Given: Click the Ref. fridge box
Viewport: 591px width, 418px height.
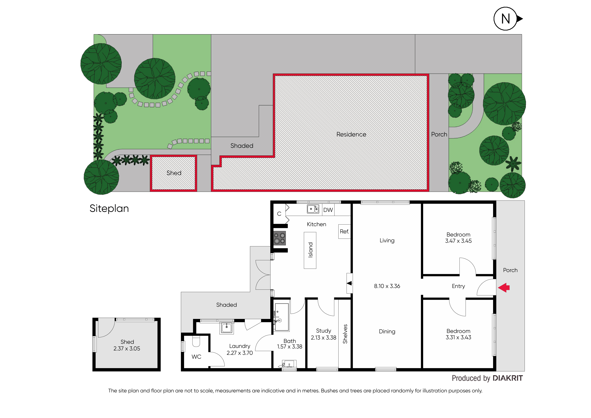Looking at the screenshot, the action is pos(344,231).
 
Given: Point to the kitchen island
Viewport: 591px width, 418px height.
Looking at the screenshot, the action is pos(310,250).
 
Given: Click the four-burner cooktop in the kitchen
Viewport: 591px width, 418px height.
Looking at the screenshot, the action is pos(280,238).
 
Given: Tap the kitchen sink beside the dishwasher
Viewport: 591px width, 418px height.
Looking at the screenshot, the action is pos(313,209).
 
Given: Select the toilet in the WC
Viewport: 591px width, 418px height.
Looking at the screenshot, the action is pos(196,341).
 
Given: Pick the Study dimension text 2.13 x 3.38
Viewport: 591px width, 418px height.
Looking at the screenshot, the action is pos(324,338).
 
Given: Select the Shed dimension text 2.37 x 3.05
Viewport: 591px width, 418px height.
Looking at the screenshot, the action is pos(127,349).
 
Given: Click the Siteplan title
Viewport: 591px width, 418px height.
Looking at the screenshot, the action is pos(109,208).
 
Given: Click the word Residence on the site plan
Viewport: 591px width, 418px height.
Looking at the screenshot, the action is pos(351,134).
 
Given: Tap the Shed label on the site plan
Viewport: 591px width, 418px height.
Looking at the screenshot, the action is pos(174,173).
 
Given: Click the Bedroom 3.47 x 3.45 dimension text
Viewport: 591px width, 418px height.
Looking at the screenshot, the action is pos(458,241).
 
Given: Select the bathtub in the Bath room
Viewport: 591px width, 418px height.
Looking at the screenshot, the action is pos(282,317).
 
